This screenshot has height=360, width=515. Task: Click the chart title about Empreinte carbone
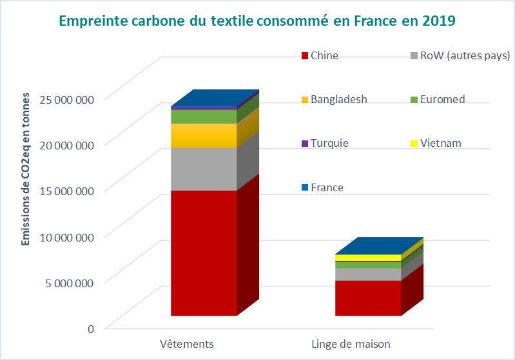(257, 21)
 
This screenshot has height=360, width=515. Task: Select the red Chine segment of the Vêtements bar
(204, 252)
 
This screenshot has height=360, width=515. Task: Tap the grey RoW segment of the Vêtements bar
(204, 169)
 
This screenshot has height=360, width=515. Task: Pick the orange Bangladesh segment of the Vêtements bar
(204, 135)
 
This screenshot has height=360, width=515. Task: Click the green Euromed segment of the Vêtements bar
(204, 117)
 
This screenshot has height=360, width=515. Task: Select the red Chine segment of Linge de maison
(368, 298)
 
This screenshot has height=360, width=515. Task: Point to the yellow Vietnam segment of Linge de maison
(368, 258)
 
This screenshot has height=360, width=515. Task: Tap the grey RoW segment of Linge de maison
(368, 274)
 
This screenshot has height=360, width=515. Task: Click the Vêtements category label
(186, 343)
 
